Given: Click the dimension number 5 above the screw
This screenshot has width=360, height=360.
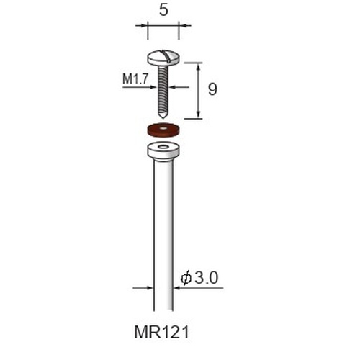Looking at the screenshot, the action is point(163,10).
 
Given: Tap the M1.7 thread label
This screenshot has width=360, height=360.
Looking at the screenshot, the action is point(135,78).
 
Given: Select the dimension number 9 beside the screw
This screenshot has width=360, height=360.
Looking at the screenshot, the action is point(212,89).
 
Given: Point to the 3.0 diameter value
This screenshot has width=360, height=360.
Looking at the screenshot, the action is point(207,278).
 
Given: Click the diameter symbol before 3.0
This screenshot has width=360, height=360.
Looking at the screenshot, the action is point(186,279).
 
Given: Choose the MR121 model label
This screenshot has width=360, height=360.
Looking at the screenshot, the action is point(162,333).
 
